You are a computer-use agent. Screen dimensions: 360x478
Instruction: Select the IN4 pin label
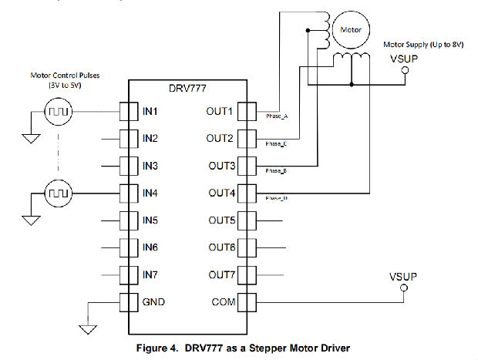coord(150,193)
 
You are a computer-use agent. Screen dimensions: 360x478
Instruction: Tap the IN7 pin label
coord(150,274)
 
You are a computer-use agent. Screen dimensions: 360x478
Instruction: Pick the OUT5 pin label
coord(218,220)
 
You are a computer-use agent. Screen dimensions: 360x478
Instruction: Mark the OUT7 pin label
coord(218,274)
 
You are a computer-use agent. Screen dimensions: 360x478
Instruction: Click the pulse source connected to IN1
coord(59,113)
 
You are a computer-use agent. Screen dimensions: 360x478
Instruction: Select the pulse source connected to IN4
coord(59,193)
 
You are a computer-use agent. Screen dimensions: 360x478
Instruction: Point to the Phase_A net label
coord(276,116)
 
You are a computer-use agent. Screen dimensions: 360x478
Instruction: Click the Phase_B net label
coord(276,170)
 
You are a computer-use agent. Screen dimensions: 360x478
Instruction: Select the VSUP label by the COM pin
coord(403,275)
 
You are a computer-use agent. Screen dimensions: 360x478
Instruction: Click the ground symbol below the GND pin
coord(88,330)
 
